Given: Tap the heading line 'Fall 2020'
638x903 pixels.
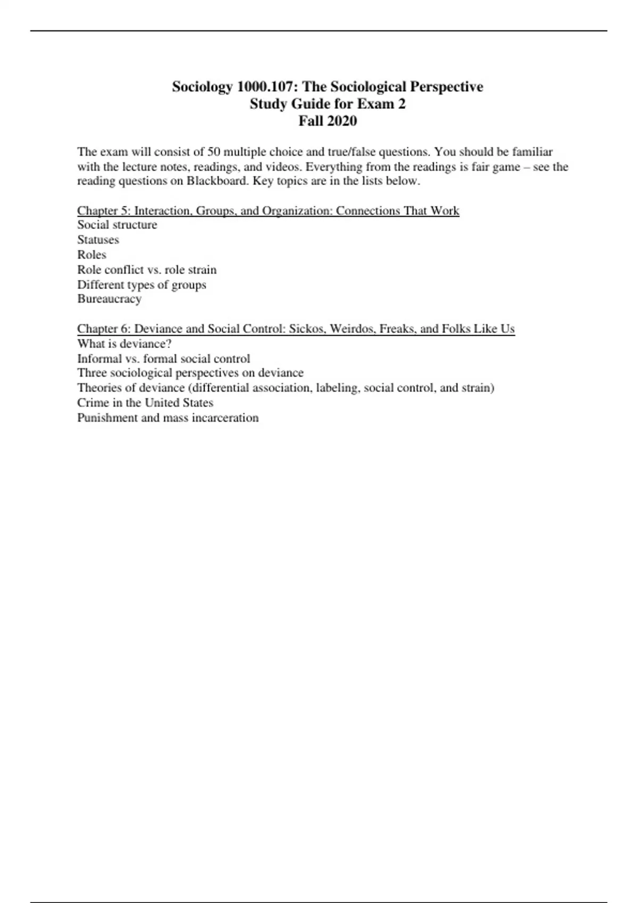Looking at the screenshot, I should (328, 121).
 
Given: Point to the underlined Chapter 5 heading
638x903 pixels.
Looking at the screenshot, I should (268, 211).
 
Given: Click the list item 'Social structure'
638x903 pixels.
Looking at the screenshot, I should (117, 225).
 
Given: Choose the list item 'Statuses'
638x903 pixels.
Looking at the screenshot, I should (98, 240).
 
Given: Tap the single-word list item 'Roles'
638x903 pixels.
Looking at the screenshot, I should (91, 254).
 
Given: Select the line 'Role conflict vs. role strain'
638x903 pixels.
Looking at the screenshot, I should (147, 269).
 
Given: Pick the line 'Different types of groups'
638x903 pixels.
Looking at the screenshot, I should (141, 284).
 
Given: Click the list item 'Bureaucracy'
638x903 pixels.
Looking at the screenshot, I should (109, 299).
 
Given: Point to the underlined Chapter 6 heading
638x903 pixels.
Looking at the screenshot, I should (296, 329).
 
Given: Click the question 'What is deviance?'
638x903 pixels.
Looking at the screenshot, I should (124, 344).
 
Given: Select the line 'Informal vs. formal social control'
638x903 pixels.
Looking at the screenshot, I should (163, 359).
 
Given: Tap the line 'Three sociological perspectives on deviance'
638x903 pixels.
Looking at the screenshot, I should (190, 373).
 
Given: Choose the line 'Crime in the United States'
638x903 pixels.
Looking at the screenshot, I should (145, 403).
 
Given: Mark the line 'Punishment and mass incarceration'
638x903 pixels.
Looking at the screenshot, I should (168, 418).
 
